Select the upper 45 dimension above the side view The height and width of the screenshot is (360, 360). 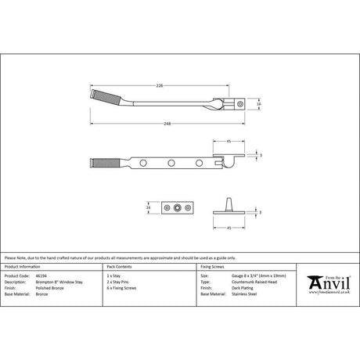click(227, 141)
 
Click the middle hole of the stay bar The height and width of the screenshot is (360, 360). click(171, 163)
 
